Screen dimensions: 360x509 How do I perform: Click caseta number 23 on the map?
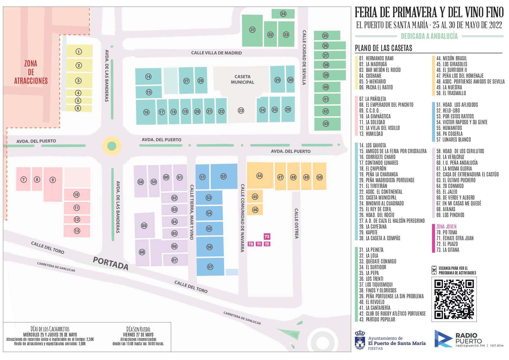click(x=241, y=111)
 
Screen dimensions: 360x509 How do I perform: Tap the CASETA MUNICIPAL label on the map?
click(x=242, y=79)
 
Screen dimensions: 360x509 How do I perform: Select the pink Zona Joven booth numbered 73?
click(x=267, y=236)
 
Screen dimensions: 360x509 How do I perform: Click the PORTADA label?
click(x=111, y=263)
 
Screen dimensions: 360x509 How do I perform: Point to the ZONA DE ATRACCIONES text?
click(x=31, y=72)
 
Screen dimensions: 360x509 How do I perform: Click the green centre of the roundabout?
click(x=112, y=146)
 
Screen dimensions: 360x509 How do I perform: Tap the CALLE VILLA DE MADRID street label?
click(x=216, y=53)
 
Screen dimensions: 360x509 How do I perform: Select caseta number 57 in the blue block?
click(x=210, y=267)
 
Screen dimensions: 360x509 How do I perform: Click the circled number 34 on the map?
click(x=283, y=14)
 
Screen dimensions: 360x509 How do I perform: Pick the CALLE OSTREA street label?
click(x=296, y=223)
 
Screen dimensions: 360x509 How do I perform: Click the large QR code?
click(x=454, y=299)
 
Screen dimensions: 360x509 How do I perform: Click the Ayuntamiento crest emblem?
click(x=360, y=340)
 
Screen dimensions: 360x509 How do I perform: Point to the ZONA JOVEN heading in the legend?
click(x=446, y=227)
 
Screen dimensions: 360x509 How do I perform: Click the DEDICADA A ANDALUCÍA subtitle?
click(x=429, y=36)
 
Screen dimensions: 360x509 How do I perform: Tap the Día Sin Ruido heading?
click(x=138, y=329)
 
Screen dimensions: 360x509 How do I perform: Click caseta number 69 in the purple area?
click(x=144, y=226)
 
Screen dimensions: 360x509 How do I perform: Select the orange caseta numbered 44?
click(x=260, y=176)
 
